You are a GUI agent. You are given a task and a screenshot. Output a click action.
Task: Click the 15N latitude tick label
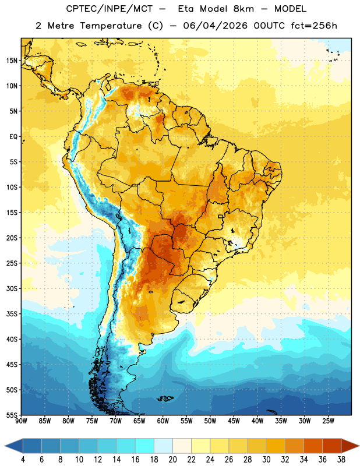pyautogui.click(x=12, y=61)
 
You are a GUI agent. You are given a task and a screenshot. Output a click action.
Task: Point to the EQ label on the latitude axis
pyautogui.click(x=13, y=137)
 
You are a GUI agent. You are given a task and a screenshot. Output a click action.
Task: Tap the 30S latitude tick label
pyautogui.click(x=12, y=288)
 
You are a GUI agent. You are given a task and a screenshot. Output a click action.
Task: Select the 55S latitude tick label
pyautogui.click(x=12, y=415)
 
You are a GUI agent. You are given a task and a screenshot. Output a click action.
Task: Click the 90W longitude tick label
pyautogui.click(x=21, y=421)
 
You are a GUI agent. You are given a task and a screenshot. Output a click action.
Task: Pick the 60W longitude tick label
pyautogui.click(x=163, y=421)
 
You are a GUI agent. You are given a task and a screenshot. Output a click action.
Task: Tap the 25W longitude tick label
pyautogui.click(x=328, y=421)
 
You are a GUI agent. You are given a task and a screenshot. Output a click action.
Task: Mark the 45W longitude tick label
pyautogui.click(x=234, y=421)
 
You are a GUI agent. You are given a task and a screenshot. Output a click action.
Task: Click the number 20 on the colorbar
pyautogui.click(x=172, y=460)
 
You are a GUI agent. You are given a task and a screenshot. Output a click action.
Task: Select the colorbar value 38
pyautogui.click(x=341, y=460)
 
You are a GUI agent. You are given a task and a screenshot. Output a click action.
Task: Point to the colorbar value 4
pyautogui.click(x=23, y=460)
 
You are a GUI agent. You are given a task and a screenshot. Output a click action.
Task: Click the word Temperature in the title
pyautogui.click(x=111, y=26)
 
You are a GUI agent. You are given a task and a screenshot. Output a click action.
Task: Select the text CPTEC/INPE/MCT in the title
pyautogui.click(x=110, y=9)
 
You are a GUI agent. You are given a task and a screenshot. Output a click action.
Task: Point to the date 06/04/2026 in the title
pyautogui.click(x=215, y=26)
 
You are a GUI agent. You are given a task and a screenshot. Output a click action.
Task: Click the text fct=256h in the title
pyautogui.click(x=314, y=26)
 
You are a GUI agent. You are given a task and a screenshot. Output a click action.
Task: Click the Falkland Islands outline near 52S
pyautogui.click(x=165, y=398)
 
